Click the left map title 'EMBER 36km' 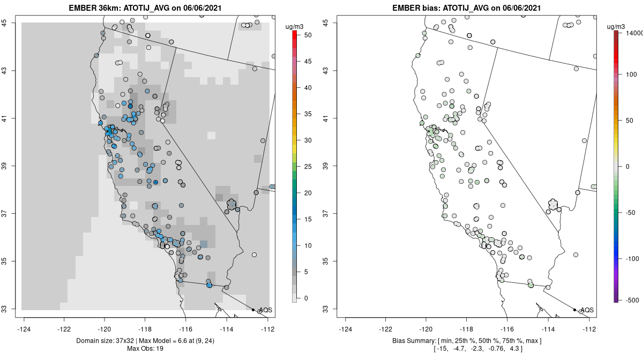pyautogui.click(x=95, y=8)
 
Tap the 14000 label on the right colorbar pyautogui.click(x=632, y=33)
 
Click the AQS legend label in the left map pyautogui.click(x=265, y=310)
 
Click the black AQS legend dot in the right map pyautogui.click(x=574, y=310)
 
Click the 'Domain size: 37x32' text pyautogui.click(x=109, y=341)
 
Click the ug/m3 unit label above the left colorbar pyautogui.click(x=297, y=25)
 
